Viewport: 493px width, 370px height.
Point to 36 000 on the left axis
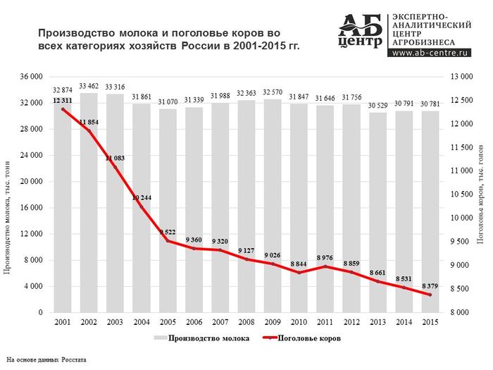pos(30,77)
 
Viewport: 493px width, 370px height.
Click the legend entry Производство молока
pos(208,339)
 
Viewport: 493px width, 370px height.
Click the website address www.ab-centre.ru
pos(432,52)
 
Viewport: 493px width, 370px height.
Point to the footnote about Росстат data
pos(46,360)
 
